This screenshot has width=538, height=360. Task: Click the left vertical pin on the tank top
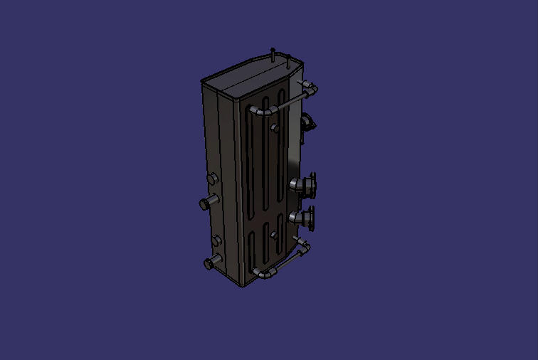273,53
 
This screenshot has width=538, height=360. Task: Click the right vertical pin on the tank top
288,62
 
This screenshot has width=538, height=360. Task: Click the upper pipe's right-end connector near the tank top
311,88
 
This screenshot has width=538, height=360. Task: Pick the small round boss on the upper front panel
274,128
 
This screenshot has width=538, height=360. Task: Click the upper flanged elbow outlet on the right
306,186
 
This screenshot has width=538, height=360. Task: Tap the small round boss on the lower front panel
274,234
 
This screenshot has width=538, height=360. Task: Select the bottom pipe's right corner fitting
305,246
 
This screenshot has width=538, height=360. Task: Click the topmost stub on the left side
212,177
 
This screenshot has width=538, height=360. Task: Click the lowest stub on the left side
211,263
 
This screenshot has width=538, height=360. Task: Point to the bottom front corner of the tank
243,283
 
